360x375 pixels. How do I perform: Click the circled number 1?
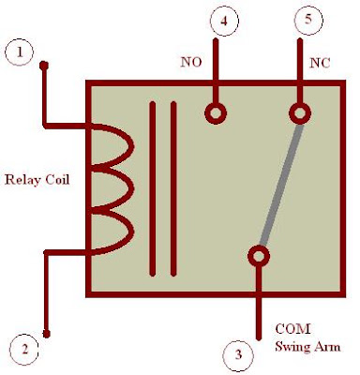pyautogui.click(x=20, y=52)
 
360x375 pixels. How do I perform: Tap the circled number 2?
pyautogui.click(x=24, y=349)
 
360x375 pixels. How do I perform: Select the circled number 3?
pyautogui.click(x=238, y=354)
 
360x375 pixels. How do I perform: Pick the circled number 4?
pyautogui.click(x=224, y=22)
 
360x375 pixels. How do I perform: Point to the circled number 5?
pyautogui.click(x=308, y=20)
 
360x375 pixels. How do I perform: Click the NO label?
pyautogui.click(x=191, y=63)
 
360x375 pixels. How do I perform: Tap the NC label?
pyautogui.click(x=320, y=64)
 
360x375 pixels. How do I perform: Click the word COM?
pyautogui.click(x=292, y=329)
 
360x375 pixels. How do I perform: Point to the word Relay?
pyautogui.click(x=22, y=180)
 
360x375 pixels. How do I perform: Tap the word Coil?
pyautogui.click(x=57, y=180)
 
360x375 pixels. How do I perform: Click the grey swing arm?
pyautogui.click(x=281, y=185)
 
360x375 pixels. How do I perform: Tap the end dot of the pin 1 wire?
pyautogui.click(x=44, y=66)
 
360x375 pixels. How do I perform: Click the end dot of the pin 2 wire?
pyautogui.click(x=47, y=334)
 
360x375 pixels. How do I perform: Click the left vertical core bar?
pyautogui.click(x=153, y=189)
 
